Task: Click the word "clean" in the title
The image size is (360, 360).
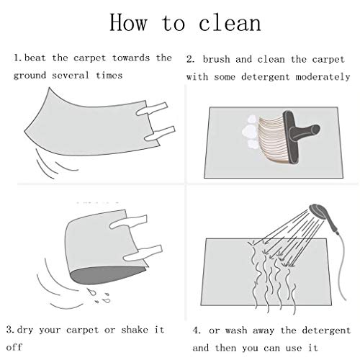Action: (230, 23)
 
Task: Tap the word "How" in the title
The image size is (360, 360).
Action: (128, 22)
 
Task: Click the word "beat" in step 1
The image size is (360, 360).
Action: (35, 58)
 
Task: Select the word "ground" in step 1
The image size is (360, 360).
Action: (30, 76)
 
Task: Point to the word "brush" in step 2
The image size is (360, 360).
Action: (216, 59)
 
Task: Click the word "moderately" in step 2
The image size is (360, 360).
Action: (323, 77)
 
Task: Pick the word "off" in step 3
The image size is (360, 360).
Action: (14, 347)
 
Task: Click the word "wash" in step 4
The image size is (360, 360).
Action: (236, 330)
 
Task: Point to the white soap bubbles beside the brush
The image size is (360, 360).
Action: (251, 132)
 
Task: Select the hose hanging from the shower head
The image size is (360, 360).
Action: (339, 266)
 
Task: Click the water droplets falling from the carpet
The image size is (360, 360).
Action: (100, 296)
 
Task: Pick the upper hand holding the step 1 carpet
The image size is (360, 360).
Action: (152, 109)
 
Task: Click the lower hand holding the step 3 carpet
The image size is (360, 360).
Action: (143, 253)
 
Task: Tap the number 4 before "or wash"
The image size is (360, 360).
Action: (197, 330)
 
